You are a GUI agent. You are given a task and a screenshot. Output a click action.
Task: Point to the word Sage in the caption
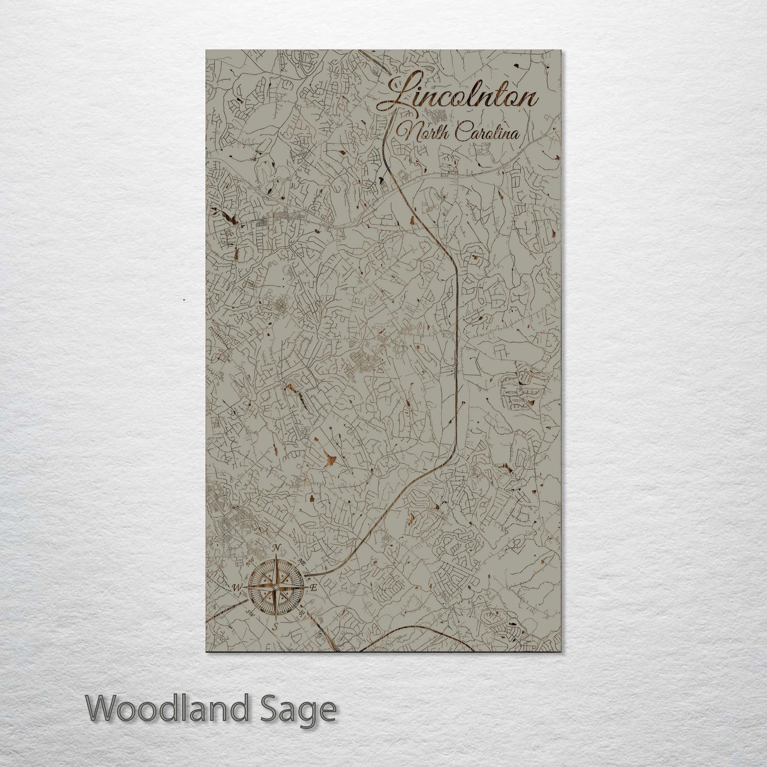pyautogui.click(x=304, y=710)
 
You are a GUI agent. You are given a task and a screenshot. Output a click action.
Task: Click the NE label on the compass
pyautogui.click(x=301, y=562)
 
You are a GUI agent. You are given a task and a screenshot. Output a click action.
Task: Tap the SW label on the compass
pyautogui.click(x=249, y=613)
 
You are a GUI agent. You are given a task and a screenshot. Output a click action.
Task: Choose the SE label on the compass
pyautogui.click(x=301, y=613)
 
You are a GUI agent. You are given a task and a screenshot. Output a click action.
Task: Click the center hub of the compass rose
pyautogui.click(x=275, y=587)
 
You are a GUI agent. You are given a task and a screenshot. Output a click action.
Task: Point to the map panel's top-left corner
pyautogui.click(x=206, y=51)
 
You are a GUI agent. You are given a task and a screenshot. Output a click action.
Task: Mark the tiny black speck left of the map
pyautogui.click(x=184, y=300)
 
